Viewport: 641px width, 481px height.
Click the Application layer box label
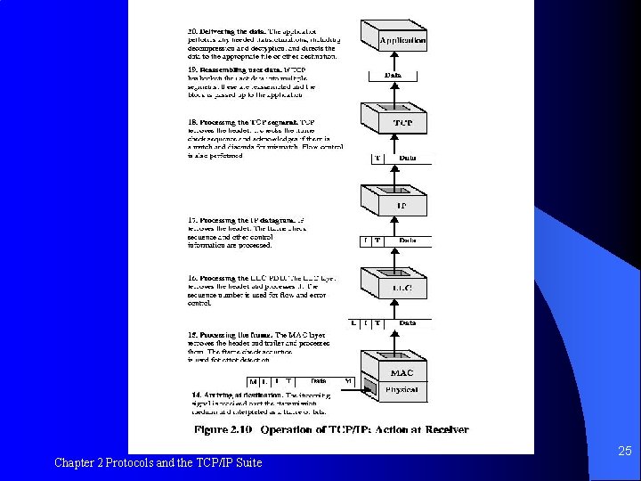tap(402, 40)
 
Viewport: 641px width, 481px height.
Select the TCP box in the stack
tap(402, 122)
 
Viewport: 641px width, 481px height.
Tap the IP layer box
tap(402, 206)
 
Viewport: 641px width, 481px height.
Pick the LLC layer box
tap(402, 289)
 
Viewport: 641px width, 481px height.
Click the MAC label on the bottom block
tap(402, 372)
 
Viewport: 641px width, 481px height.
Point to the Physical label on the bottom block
tap(402, 389)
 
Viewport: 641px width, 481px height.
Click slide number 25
tap(624, 452)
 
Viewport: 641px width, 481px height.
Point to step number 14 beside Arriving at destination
tap(196, 394)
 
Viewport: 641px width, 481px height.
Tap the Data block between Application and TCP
tap(393, 76)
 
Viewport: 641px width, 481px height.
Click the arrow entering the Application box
tap(393, 58)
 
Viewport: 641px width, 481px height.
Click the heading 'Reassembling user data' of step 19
tap(232, 69)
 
